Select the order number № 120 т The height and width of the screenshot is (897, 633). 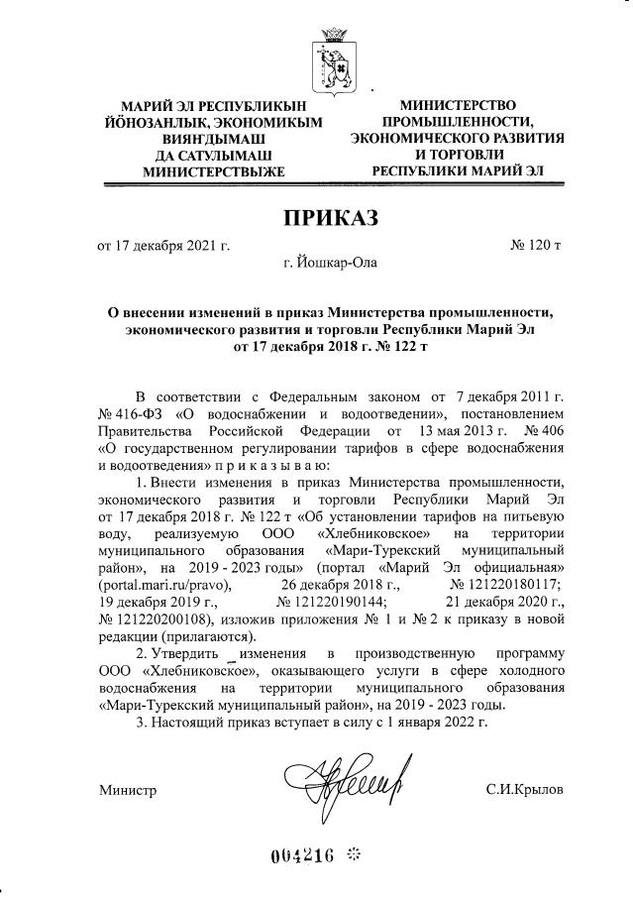[x=535, y=245]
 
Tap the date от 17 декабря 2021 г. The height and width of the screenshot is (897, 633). [x=163, y=245]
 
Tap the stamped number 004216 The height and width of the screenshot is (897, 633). [x=302, y=855]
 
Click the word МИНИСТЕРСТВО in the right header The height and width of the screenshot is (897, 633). [x=459, y=104]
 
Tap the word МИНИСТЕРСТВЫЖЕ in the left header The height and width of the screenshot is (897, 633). [x=200, y=171]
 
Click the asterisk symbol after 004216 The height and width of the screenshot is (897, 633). [x=356, y=854]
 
